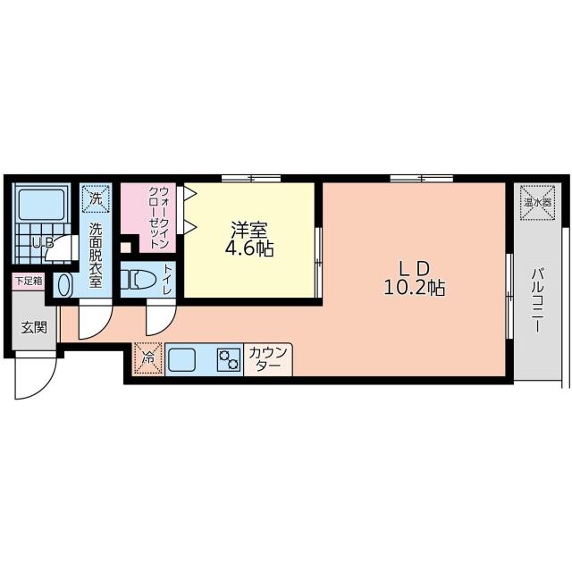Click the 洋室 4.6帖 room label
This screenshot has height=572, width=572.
coord(249,240)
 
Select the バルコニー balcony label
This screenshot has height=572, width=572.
coord(537,299)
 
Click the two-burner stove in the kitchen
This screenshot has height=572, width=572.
coord(228,359)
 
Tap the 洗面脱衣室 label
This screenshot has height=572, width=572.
coord(96,254)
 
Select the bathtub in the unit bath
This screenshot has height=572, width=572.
coord(42,207)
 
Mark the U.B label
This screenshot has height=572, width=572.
coord(42,242)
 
